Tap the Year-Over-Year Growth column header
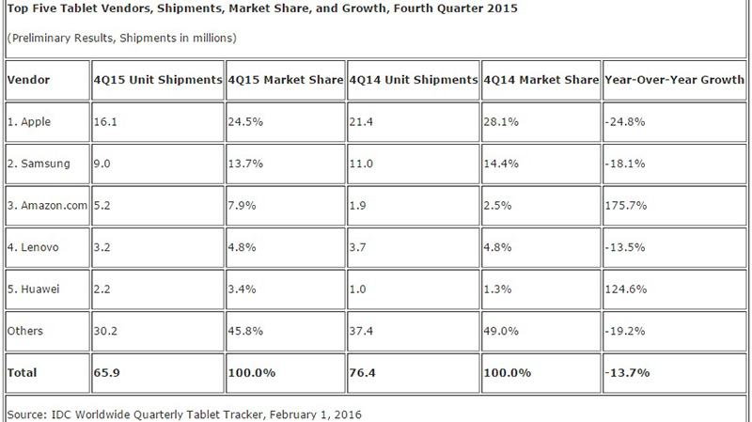(x=675, y=80)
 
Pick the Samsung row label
(x=39, y=164)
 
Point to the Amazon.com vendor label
(x=47, y=206)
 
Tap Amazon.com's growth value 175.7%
(x=625, y=206)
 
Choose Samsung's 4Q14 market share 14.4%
(x=501, y=164)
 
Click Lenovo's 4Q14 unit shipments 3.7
(x=360, y=248)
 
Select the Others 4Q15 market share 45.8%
(x=247, y=331)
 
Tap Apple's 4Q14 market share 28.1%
(x=501, y=122)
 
